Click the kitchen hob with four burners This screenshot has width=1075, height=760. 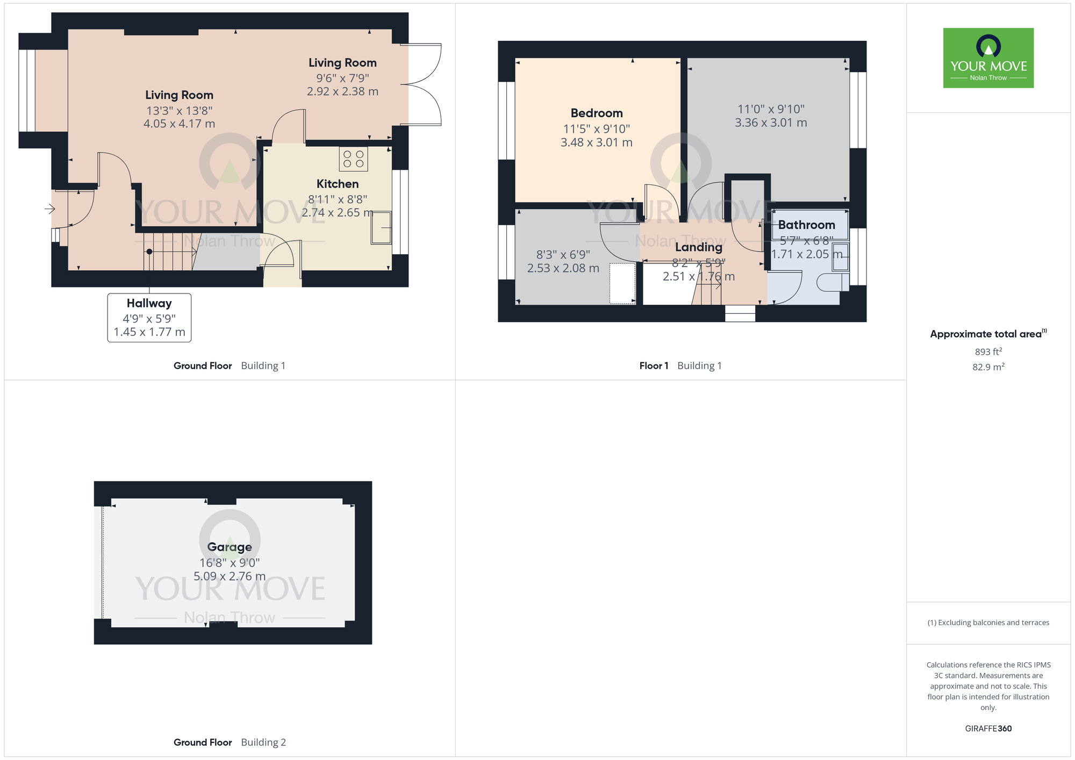(353, 159)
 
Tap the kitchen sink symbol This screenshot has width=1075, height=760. (381, 228)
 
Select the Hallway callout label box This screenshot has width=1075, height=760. (149, 318)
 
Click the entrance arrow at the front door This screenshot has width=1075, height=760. (49, 209)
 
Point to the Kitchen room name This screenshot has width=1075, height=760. (337, 184)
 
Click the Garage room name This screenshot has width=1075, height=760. (230, 547)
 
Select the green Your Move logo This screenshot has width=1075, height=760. (988, 58)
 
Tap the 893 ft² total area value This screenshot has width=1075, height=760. (988, 352)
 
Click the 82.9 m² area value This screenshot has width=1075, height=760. (988, 367)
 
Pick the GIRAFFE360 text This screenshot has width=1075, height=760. (988, 729)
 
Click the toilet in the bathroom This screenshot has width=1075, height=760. (832, 283)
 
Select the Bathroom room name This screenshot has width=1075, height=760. (806, 225)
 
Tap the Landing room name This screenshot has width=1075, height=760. (698, 247)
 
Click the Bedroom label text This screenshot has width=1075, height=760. (597, 113)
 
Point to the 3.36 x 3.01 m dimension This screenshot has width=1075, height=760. (771, 123)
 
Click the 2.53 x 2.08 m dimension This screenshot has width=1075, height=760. (563, 268)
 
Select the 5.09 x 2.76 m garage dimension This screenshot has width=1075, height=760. (230, 577)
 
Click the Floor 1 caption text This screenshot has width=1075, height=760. (654, 366)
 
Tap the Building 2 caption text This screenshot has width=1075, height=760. (263, 742)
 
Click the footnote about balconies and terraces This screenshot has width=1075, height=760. (988, 623)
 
